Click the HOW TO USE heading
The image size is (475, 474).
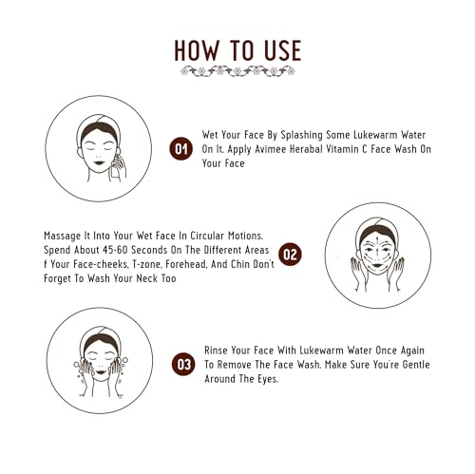coord(237,50)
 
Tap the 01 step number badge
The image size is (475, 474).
coord(181,148)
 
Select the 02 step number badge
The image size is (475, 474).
coord(290,255)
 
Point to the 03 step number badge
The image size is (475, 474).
coord(183,364)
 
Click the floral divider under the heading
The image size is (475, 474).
coord(237,71)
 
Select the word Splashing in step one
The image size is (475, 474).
coord(301,135)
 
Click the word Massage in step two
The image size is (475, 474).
coord(63,237)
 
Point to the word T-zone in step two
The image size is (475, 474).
coord(146,264)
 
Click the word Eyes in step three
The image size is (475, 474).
coord(268,379)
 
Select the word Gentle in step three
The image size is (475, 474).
coord(416,365)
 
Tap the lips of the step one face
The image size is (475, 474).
coord(99,162)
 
